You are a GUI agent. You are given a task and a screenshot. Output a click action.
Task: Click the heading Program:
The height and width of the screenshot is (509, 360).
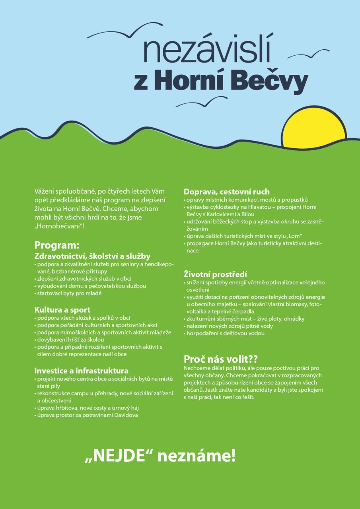pos(57,245)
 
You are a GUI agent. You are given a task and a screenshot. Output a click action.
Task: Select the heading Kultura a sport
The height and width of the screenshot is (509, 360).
pos(62,310)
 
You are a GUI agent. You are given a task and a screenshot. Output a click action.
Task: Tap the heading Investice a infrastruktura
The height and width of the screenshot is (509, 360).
pos(82,371)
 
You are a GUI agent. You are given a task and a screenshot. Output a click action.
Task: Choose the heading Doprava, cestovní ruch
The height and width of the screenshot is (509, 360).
pos(227,192)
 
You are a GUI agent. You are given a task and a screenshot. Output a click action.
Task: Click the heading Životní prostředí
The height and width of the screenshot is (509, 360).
pos(215,274)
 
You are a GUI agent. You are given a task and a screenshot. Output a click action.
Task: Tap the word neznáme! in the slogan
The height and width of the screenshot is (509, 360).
pos(197,456)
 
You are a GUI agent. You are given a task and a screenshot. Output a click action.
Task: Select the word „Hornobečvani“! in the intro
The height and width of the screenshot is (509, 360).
pos(59,226)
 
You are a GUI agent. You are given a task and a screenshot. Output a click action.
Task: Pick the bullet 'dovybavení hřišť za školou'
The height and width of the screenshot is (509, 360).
pos(71,339)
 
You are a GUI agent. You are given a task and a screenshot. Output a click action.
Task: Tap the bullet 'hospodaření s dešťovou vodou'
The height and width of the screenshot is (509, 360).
pos(226,333)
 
